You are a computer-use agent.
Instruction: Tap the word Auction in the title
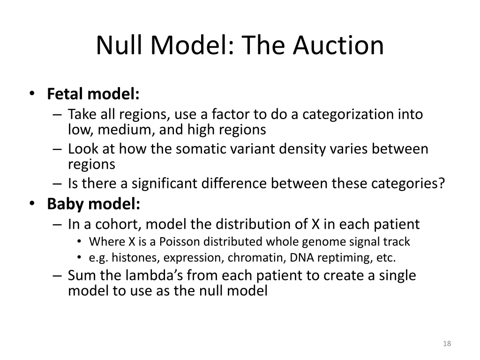click(x=338, y=45)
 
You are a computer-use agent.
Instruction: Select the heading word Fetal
click(x=66, y=94)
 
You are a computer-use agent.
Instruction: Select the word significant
click(x=165, y=184)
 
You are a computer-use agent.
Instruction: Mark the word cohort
click(x=118, y=225)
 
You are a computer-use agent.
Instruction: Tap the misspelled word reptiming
click(x=337, y=257)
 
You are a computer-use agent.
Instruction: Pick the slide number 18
click(x=447, y=344)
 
